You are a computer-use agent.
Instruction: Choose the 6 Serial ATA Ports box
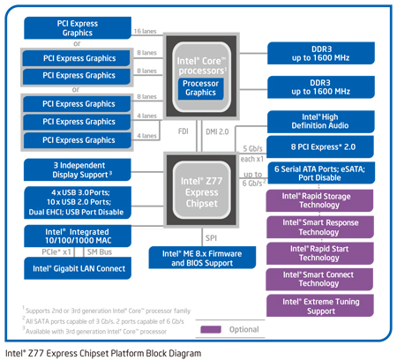click(320, 172)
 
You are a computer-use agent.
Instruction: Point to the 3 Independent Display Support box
click(80, 169)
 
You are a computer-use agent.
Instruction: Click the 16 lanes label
click(146, 31)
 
